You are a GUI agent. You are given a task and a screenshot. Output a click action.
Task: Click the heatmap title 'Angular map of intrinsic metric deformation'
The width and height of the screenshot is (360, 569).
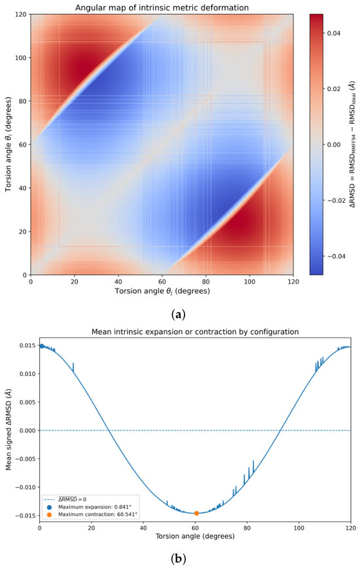click(162, 7)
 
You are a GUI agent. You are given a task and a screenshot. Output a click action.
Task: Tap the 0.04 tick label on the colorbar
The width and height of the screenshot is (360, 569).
click(333, 33)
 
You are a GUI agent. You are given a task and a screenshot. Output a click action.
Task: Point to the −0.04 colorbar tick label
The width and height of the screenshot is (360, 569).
click(331, 256)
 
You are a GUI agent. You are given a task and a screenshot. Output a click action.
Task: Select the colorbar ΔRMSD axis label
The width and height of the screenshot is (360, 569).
click(352, 144)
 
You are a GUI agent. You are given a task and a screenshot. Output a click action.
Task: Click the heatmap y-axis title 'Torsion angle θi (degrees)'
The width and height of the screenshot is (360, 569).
click(9, 145)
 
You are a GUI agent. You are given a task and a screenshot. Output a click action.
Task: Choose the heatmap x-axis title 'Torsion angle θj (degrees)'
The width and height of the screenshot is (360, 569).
click(162, 291)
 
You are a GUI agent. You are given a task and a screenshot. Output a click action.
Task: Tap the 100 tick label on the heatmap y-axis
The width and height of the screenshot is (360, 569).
click(21, 58)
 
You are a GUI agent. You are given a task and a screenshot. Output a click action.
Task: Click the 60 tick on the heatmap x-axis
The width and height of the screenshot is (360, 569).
click(162, 282)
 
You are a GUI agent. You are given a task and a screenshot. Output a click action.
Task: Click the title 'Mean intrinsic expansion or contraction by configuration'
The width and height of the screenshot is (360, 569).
click(195, 332)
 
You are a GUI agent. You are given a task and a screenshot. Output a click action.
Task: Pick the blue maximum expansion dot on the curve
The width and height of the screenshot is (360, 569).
click(42, 346)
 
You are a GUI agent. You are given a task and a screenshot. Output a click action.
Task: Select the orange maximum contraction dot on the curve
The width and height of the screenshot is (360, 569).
click(196, 513)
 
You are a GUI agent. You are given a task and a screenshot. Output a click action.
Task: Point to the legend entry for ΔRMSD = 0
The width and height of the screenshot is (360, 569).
click(66, 499)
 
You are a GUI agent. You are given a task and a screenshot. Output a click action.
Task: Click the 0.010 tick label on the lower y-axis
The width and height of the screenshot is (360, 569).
click(27, 373)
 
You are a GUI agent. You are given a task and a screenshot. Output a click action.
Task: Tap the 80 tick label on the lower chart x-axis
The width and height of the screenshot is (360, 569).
click(247, 528)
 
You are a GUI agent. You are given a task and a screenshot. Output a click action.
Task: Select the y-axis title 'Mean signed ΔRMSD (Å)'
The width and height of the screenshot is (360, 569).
click(9, 430)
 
